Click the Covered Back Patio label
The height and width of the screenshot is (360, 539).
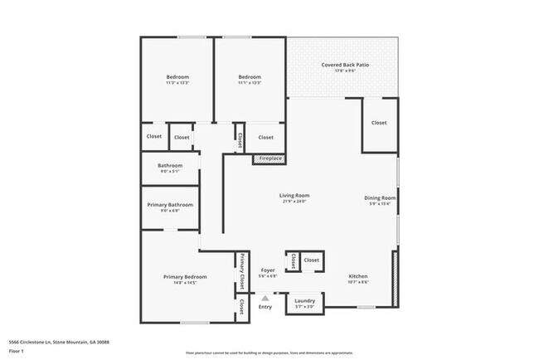[345, 65]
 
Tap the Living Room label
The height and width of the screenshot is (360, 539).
[294, 196]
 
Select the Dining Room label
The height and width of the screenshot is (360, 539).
[380, 197]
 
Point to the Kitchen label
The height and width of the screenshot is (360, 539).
[358, 276]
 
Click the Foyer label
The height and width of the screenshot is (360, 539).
[268, 270]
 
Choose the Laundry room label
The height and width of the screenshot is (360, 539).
[304, 300]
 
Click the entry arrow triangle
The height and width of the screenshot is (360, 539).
[265, 297]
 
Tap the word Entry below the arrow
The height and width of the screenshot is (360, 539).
[265, 307]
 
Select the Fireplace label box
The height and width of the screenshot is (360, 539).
[270, 158]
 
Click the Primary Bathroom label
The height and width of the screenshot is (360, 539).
[176, 205]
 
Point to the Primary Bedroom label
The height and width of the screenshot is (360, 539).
[185, 277]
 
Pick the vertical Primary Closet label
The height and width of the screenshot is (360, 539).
[242, 273]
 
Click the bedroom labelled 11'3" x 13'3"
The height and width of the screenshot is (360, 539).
[177, 82]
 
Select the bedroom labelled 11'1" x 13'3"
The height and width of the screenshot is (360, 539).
[250, 82]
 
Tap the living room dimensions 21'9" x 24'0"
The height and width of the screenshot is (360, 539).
[294, 202]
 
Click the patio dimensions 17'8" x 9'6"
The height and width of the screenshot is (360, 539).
[345, 71]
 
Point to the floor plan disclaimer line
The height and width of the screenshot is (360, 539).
[269, 353]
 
